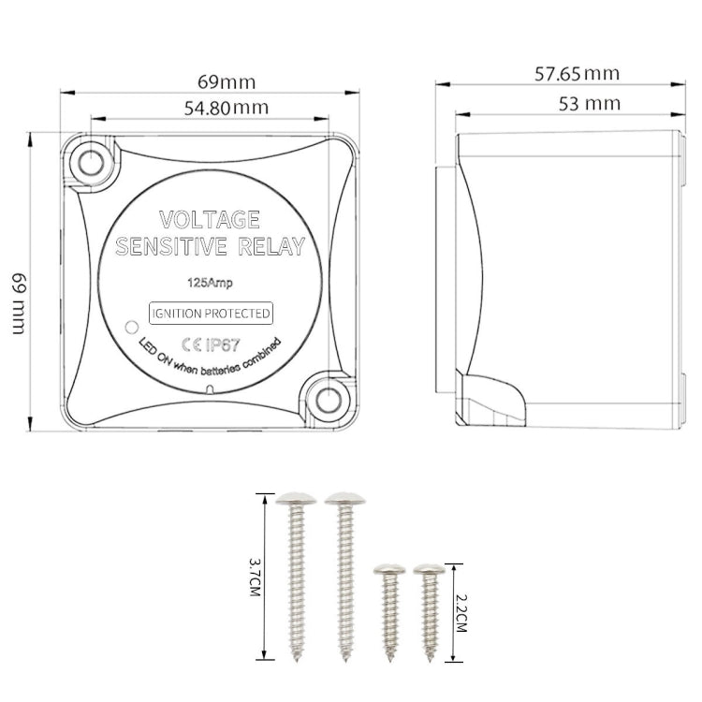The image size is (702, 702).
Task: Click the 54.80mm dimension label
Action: [227, 108]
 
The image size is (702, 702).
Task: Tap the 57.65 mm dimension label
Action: [578, 74]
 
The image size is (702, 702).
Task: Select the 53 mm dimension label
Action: [590, 104]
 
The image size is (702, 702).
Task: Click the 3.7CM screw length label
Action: [255, 577]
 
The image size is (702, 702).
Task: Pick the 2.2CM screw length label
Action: [461, 613]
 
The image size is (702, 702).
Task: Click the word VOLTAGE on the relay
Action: [210, 219]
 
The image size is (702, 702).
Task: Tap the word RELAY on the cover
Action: [271, 247]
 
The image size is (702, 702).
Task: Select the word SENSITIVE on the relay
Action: [171, 247]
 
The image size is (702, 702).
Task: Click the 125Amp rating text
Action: [210, 283]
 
